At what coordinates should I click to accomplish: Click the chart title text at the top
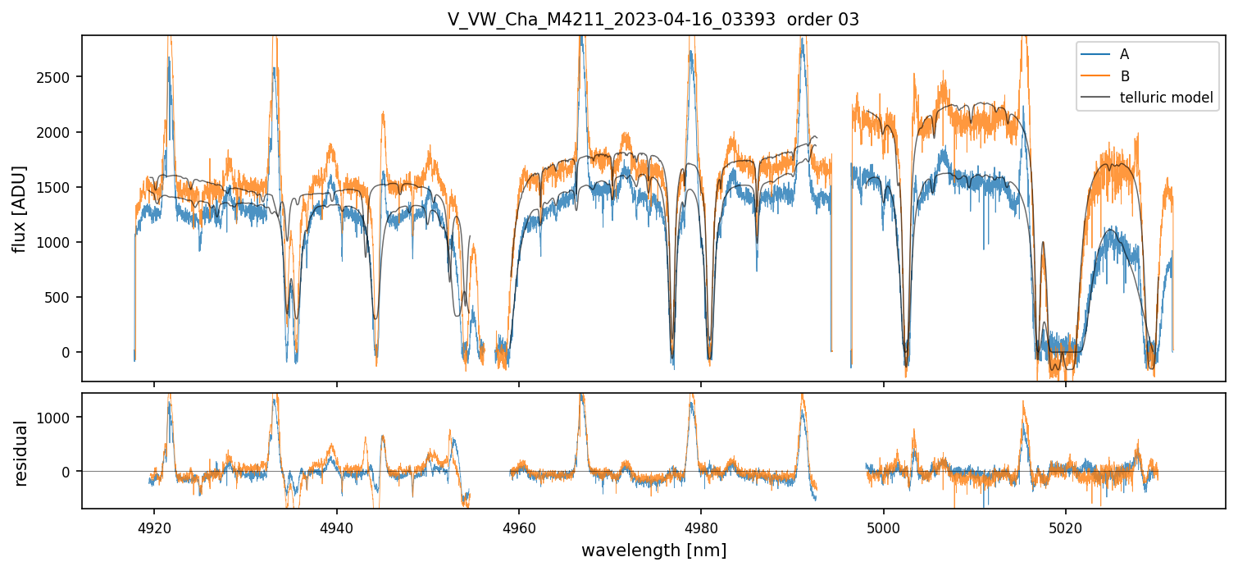click(x=653, y=20)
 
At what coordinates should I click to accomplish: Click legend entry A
click(x=1124, y=54)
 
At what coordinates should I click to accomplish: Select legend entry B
click(x=1124, y=76)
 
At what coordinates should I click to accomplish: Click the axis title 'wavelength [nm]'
click(x=653, y=550)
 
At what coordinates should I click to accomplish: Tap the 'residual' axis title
click(x=21, y=453)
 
